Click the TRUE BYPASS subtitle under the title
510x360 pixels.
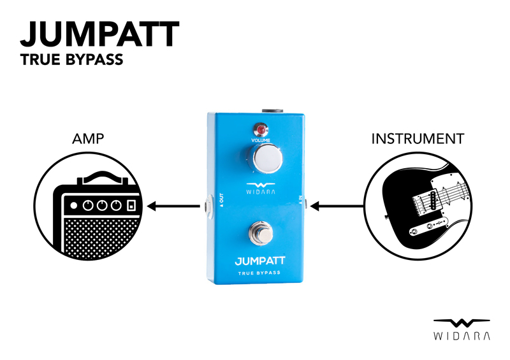pos(71,61)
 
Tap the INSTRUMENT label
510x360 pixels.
pos(418,138)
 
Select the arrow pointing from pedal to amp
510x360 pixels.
pos(173,206)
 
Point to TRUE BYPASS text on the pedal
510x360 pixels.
pos(259,273)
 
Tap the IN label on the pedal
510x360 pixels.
pos(301,201)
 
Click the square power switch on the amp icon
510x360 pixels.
pos(131,206)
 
